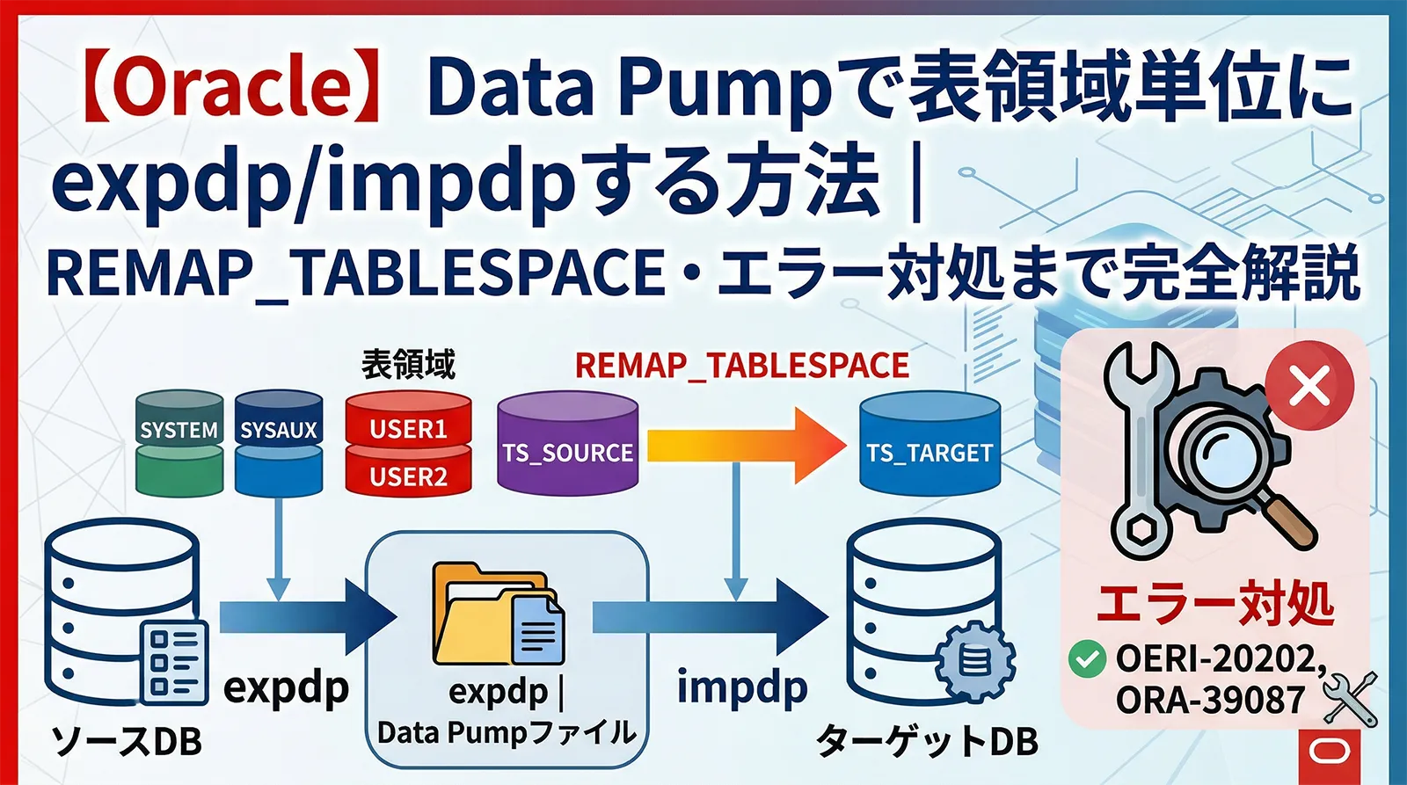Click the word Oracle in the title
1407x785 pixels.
(x=232, y=87)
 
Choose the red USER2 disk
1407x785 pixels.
(x=408, y=476)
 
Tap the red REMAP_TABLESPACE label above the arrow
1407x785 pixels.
(x=741, y=366)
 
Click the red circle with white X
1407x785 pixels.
(x=1309, y=386)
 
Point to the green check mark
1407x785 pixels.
(x=1087, y=659)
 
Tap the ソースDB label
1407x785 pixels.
(x=127, y=741)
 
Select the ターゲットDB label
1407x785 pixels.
(x=928, y=741)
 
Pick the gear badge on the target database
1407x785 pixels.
(x=974, y=660)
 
